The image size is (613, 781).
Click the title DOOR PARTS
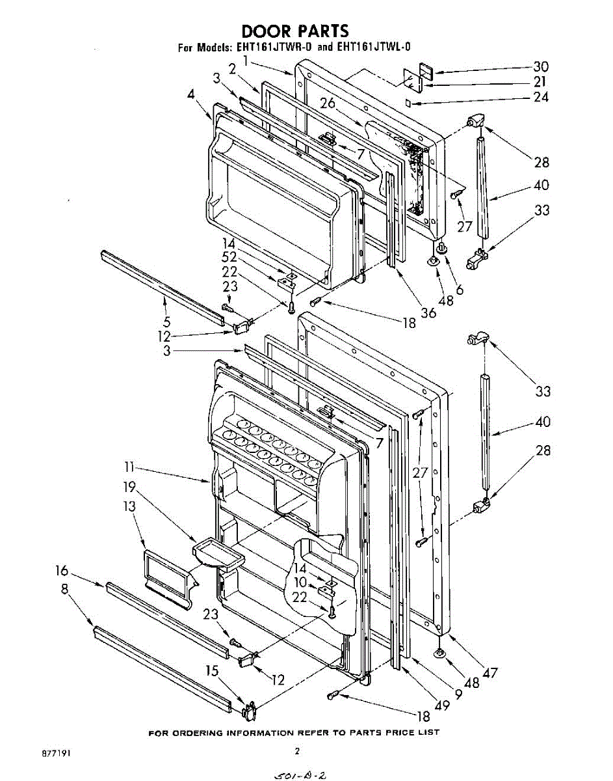click(295, 31)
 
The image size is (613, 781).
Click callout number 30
click(540, 66)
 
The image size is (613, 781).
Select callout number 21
click(540, 82)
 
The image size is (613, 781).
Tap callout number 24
click(540, 98)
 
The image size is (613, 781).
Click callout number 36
click(427, 312)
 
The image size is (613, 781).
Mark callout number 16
click(62, 571)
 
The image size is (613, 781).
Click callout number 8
click(64, 589)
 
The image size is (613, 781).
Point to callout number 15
click(212, 670)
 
